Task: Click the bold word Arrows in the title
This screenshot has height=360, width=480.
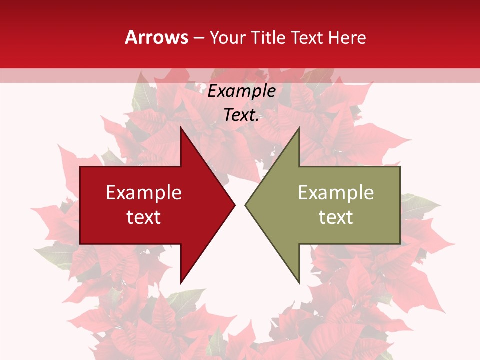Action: [157, 37]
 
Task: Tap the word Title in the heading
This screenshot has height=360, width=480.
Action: [268, 37]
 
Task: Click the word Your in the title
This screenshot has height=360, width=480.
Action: [227, 38]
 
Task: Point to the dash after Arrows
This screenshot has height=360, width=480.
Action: [198, 38]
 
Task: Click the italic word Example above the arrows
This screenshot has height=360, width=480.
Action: [241, 91]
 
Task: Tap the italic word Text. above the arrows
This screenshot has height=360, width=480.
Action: [241, 115]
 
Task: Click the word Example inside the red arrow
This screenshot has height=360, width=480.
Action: [144, 192]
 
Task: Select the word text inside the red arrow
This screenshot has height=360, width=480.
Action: [144, 217]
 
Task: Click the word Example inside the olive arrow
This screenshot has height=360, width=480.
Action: [336, 192]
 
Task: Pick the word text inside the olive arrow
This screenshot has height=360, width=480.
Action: [336, 217]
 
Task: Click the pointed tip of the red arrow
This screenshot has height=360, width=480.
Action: [235, 205]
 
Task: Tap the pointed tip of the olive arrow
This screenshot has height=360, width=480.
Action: [245, 205]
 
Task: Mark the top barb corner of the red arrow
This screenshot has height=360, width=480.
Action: [181, 127]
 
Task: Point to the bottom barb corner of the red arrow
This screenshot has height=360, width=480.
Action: [181, 283]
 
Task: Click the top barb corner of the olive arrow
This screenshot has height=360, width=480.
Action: [299, 127]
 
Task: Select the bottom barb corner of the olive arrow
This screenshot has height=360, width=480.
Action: [299, 283]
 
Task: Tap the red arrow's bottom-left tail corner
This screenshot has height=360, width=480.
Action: [80, 244]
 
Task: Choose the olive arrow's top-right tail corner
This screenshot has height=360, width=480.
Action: [400, 167]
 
